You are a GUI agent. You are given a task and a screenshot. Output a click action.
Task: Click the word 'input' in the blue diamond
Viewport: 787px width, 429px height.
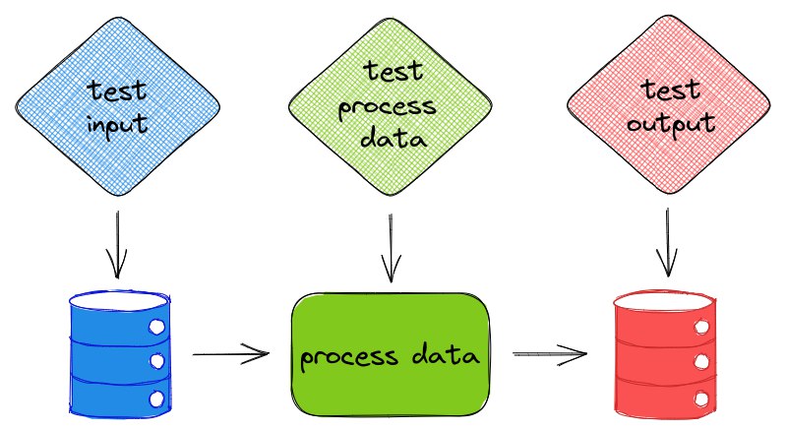pos(117,125)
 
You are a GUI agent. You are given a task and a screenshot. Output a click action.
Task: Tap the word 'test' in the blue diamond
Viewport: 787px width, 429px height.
pos(116,91)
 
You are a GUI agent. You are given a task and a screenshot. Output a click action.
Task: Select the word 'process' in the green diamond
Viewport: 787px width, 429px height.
pos(387,107)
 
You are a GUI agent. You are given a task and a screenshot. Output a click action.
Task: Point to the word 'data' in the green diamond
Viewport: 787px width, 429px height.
pos(393,137)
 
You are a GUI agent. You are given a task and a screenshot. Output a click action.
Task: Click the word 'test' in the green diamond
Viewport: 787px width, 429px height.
pos(393,71)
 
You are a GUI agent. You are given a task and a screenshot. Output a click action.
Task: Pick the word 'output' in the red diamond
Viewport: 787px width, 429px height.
pos(671,124)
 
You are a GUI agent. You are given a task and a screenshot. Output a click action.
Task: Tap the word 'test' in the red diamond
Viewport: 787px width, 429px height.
pos(670,91)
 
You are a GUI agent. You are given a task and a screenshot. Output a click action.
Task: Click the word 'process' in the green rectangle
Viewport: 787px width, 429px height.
pos(349,358)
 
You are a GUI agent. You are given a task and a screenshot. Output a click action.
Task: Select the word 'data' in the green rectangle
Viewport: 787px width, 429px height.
pos(446,354)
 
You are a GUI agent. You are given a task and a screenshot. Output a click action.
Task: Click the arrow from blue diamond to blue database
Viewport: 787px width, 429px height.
pos(117,244)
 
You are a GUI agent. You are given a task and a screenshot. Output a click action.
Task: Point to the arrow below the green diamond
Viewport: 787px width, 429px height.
pos(391,248)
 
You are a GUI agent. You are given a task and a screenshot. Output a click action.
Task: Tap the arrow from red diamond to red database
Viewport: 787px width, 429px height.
pos(668,242)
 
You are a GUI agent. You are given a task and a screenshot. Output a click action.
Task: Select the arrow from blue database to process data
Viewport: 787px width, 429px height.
pos(231,354)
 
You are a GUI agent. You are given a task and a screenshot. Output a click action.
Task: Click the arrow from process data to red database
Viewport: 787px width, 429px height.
pos(550,354)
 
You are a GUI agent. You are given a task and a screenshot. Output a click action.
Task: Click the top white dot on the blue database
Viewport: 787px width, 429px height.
pos(157,327)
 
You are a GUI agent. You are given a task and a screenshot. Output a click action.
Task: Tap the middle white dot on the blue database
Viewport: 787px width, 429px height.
pos(157,361)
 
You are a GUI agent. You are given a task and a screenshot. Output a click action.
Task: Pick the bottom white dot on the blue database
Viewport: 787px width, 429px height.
pos(157,399)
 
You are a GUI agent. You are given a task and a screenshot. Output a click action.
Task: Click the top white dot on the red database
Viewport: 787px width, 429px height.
pos(701,327)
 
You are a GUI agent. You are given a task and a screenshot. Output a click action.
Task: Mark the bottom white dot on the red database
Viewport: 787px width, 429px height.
pos(701,399)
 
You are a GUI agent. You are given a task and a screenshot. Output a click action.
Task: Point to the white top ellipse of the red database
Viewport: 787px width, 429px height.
pos(664,301)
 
